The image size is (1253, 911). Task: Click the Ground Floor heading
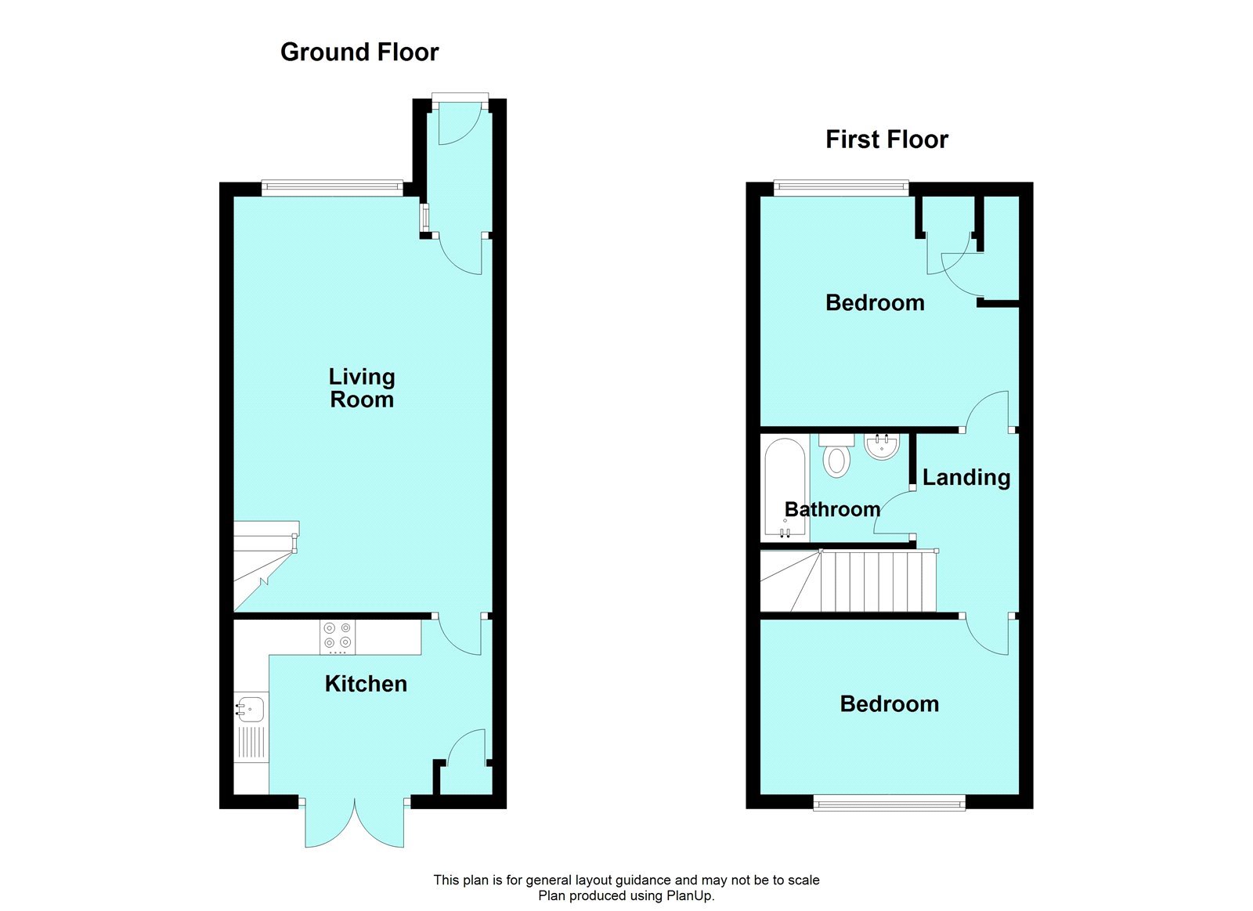[359, 52]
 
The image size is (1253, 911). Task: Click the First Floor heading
[886, 140]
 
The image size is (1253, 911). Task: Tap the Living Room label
[362, 389]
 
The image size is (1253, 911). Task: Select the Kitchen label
[366, 684]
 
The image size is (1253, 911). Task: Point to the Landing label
[966, 477]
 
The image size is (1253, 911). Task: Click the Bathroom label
[832, 509]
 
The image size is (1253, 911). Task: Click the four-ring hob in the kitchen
[338, 636]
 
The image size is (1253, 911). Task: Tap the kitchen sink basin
[251, 709]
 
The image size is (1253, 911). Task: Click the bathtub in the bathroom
[785, 487]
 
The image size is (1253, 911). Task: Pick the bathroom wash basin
[882, 446]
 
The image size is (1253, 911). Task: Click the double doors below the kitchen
[355, 822]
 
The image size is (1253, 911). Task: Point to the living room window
[332, 187]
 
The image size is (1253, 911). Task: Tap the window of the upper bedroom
[841, 187]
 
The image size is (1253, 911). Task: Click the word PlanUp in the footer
[689, 896]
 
